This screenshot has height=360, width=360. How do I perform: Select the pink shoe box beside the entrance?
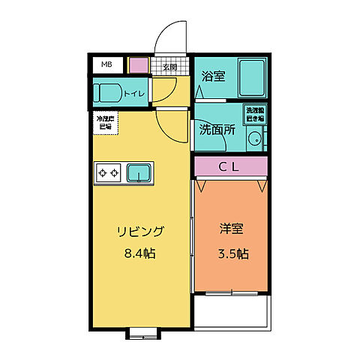click(139, 65)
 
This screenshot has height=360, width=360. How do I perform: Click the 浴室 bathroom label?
click(214, 76)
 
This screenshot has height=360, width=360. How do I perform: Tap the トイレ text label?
click(135, 94)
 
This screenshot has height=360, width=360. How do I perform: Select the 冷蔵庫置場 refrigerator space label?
click(104, 123)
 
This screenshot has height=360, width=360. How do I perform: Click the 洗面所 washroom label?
click(217, 129)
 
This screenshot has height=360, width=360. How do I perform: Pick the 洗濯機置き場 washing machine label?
click(254, 114)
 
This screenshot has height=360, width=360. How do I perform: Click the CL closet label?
click(229, 166)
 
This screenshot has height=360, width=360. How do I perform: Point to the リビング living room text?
click(139, 231)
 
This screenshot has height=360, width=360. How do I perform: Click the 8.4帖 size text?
click(139, 253)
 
